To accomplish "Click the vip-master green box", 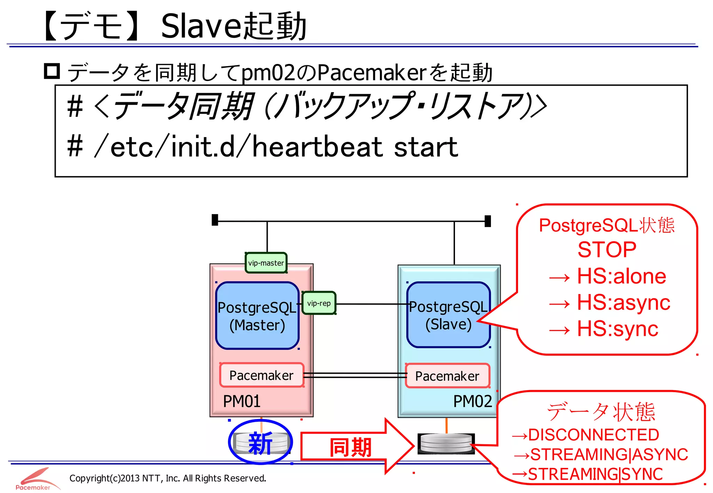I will pyautogui.click(x=266, y=263).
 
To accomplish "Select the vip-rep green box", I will pyautogui.click(x=319, y=303).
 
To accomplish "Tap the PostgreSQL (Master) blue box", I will pyautogui.click(x=257, y=316).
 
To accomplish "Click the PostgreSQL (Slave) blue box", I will pyautogui.click(x=448, y=315).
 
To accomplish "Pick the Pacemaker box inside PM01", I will pyautogui.click(x=261, y=375).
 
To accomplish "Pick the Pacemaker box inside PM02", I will pyautogui.click(x=447, y=376).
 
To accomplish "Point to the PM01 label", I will pyautogui.click(x=242, y=401).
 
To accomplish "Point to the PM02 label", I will pyautogui.click(x=472, y=401).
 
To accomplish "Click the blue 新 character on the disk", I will pyautogui.click(x=260, y=443).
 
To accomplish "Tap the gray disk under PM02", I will pyautogui.click(x=446, y=444).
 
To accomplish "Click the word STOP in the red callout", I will pyautogui.click(x=607, y=250).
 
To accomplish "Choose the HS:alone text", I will pyautogui.click(x=621, y=276).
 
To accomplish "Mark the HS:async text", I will pyautogui.click(x=623, y=302).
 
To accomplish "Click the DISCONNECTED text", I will pyautogui.click(x=593, y=435).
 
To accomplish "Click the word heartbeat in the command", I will pyautogui.click(x=317, y=147).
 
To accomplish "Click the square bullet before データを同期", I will pyautogui.click(x=52, y=71).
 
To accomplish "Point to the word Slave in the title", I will pyautogui.click(x=201, y=27).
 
